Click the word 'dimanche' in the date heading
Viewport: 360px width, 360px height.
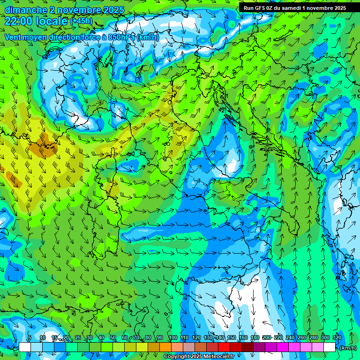tap(26, 10)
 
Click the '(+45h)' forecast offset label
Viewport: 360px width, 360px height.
tap(81, 21)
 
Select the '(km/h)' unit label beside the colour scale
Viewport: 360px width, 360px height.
tap(347, 347)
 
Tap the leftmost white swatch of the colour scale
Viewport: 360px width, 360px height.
tap(24, 347)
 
